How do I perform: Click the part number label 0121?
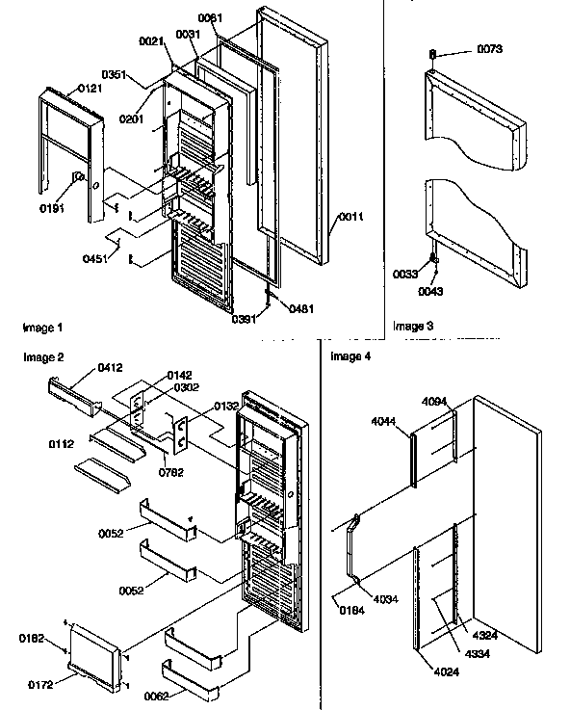[x=91, y=88]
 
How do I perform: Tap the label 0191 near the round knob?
[x=52, y=207]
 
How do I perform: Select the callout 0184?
[x=351, y=608]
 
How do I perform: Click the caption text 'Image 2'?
[x=44, y=357]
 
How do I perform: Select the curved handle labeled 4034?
[x=350, y=559]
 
